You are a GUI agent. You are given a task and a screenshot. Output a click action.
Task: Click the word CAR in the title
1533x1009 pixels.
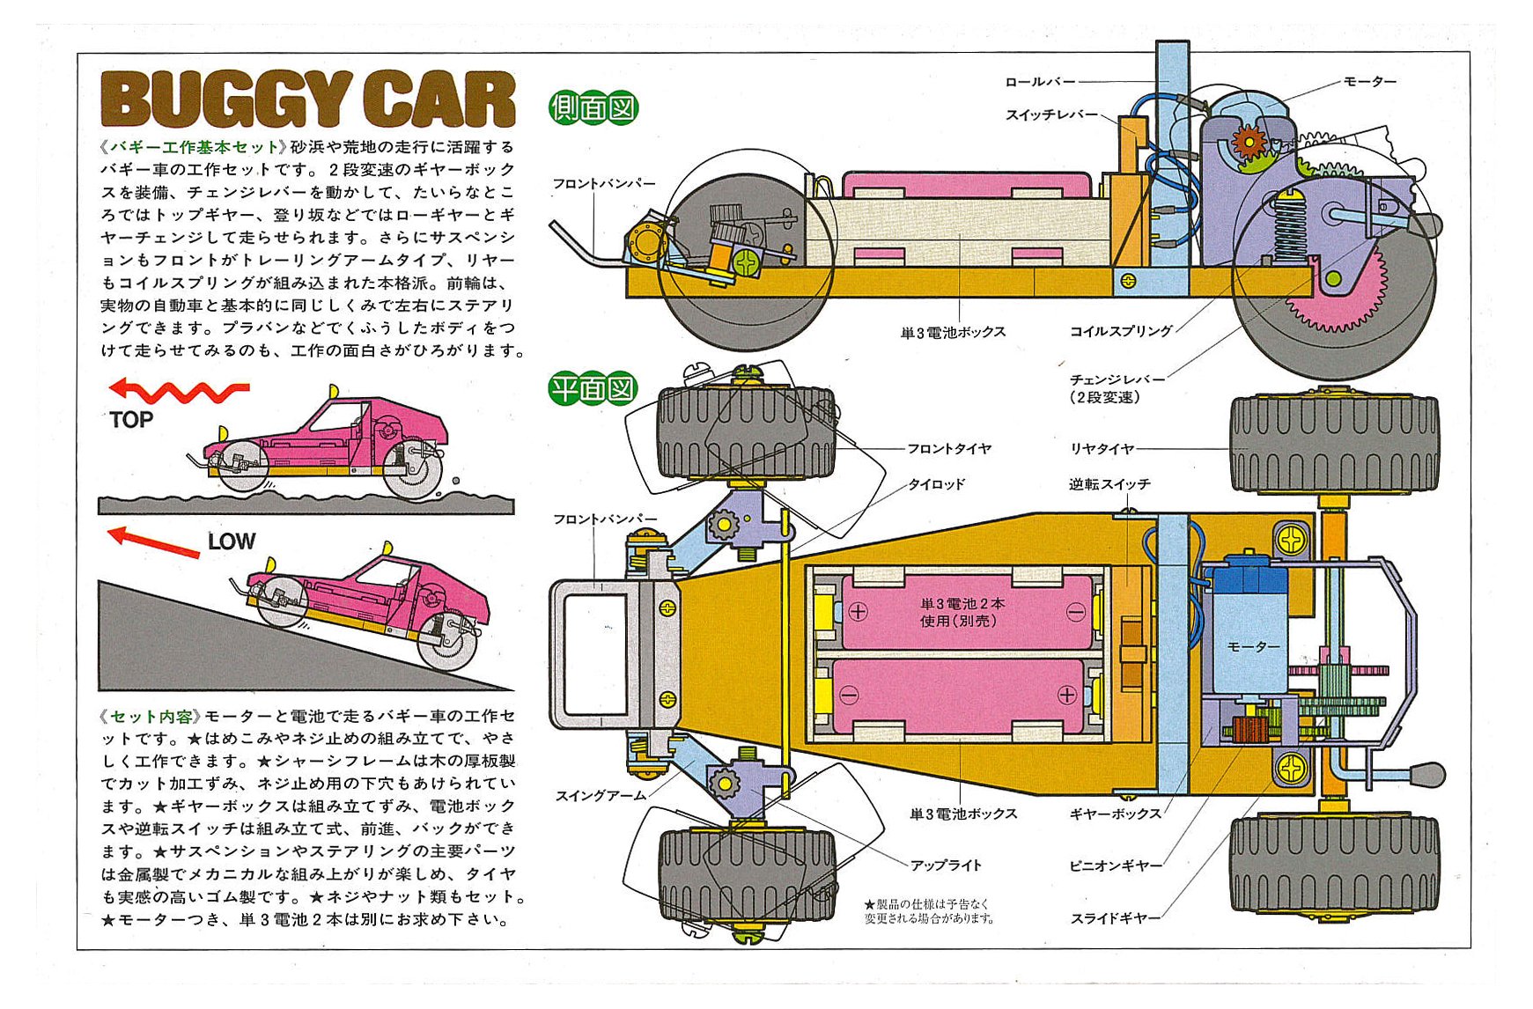pos(439,99)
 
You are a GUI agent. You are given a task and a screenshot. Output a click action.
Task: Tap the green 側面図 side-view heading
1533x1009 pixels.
pos(593,108)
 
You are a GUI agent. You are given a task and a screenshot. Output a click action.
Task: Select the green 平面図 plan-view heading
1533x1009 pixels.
pos(593,387)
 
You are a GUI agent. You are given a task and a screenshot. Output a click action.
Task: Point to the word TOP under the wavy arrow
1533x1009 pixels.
pos(131,420)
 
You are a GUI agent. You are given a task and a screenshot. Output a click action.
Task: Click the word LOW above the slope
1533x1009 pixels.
pos(232,541)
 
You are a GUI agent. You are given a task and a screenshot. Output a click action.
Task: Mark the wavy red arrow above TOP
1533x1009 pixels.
pos(180,390)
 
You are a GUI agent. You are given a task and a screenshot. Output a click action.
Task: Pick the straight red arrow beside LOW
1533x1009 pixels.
pos(153,541)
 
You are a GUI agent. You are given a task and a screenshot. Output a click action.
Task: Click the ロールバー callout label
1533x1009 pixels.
pos(1040,82)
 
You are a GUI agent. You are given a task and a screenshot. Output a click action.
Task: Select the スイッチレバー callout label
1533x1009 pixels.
pos(1051,114)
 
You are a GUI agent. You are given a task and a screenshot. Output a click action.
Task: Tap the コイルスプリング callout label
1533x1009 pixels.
pos(1120,331)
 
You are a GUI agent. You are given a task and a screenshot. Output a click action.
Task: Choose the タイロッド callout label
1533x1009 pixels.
pos(936,484)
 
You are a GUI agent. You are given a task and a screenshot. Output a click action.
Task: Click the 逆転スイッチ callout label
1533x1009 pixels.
pos(1109,484)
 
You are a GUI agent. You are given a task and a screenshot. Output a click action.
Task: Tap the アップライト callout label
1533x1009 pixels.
pos(946,865)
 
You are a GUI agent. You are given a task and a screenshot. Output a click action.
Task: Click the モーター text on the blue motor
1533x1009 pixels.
pos(1253,647)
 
